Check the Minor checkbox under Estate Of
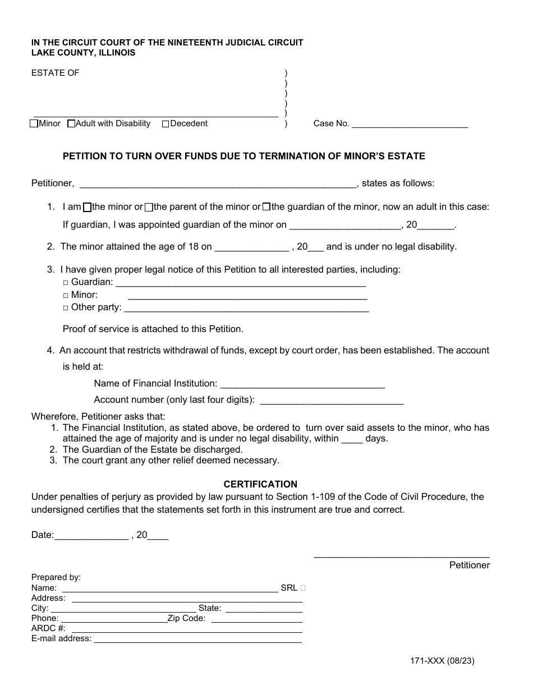(x=34, y=124)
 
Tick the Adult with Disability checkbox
(x=71, y=124)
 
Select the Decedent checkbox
(x=166, y=124)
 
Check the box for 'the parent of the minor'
(x=149, y=207)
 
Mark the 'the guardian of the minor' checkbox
(x=266, y=207)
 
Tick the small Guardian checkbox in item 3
(x=66, y=283)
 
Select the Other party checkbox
(x=66, y=308)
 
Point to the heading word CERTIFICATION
(x=260, y=484)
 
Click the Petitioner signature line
(x=401, y=555)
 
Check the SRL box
(x=303, y=588)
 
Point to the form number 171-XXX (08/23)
(x=443, y=661)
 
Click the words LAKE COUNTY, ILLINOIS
(x=83, y=53)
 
